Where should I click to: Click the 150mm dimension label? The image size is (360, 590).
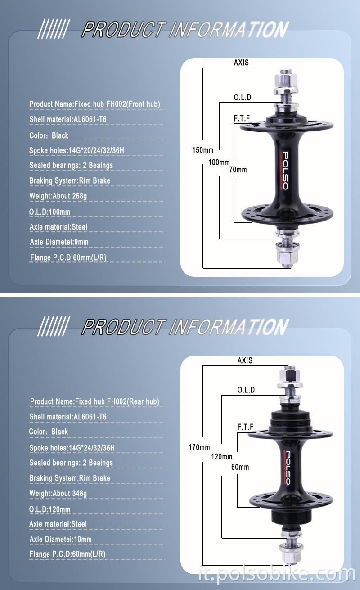(x=202, y=150)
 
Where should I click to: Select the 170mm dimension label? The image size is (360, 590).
(x=199, y=447)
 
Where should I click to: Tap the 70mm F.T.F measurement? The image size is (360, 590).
(x=238, y=170)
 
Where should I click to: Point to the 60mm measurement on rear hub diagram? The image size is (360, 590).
(x=240, y=467)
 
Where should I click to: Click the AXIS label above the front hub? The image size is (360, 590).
(x=241, y=63)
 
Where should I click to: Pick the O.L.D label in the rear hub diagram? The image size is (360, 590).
(x=246, y=390)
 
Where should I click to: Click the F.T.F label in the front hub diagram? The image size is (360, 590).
(x=242, y=118)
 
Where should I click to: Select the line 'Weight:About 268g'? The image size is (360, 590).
(x=58, y=196)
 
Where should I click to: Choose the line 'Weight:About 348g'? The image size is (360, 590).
(x=58, y=493)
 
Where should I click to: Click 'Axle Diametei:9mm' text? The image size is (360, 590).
(x=59, y=242)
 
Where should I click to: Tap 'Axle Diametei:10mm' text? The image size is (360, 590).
(x=60, y=539)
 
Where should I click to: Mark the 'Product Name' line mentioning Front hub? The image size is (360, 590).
(x=94, y=104)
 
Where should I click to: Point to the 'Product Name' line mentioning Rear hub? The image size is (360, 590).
(x=94, y=401)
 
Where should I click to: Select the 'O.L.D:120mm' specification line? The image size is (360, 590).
(x=50, y=509)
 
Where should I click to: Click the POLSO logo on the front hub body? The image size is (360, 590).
(x=284, y=170)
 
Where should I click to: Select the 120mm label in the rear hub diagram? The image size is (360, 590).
(x=221, y=457)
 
